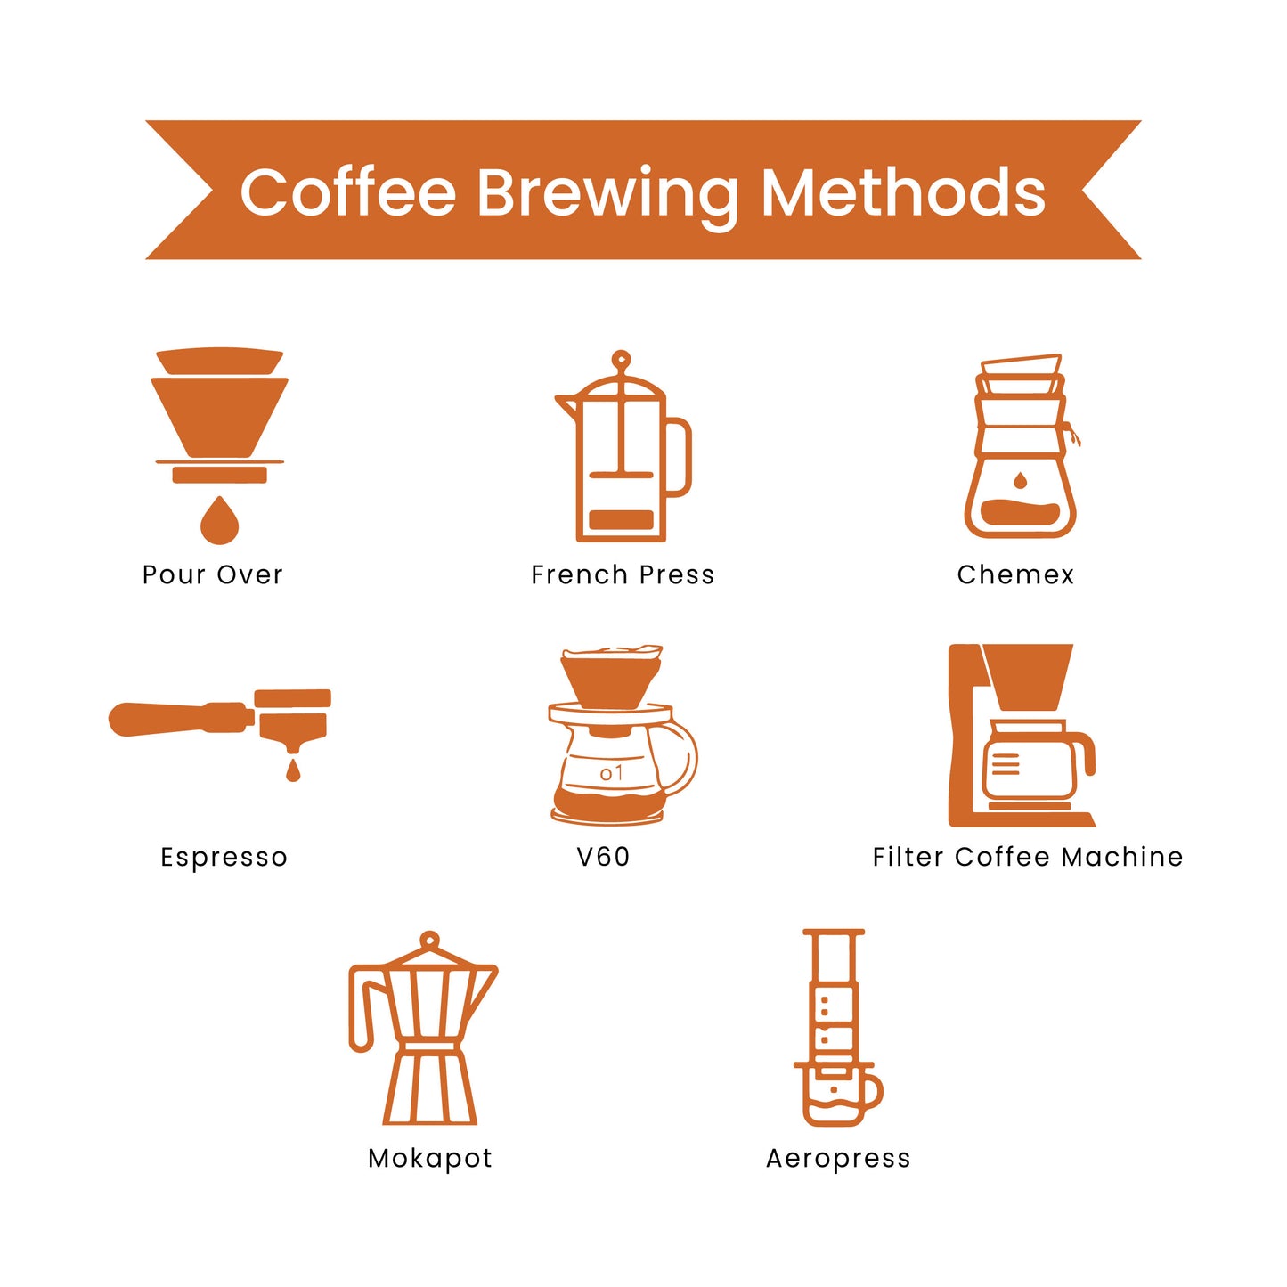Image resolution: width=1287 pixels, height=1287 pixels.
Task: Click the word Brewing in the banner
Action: coord(607,195)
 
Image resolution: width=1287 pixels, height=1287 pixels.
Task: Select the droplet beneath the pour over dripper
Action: coord(219,520)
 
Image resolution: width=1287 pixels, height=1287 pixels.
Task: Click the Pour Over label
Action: coord(212,574)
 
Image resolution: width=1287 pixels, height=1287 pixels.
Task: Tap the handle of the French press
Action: coord(680,458)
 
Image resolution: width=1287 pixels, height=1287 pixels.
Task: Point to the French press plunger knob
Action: coord(621,359)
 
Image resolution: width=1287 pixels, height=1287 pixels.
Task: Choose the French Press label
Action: coord(623,574)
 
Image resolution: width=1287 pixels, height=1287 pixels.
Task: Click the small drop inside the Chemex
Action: coord(1019,480)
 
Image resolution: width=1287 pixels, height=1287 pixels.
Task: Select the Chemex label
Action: coord(1015,574)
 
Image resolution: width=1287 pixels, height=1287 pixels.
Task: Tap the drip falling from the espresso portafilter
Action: coord(292,770)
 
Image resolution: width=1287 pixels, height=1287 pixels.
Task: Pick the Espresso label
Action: coord(224,857)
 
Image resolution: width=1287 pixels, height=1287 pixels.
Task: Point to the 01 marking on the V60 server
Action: coord(611,773)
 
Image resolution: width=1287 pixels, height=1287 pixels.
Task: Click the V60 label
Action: coord(603,857)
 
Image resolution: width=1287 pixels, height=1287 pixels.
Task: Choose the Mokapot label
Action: coord(430,1158)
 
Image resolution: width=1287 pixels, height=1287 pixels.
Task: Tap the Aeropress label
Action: coord(838,1159)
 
